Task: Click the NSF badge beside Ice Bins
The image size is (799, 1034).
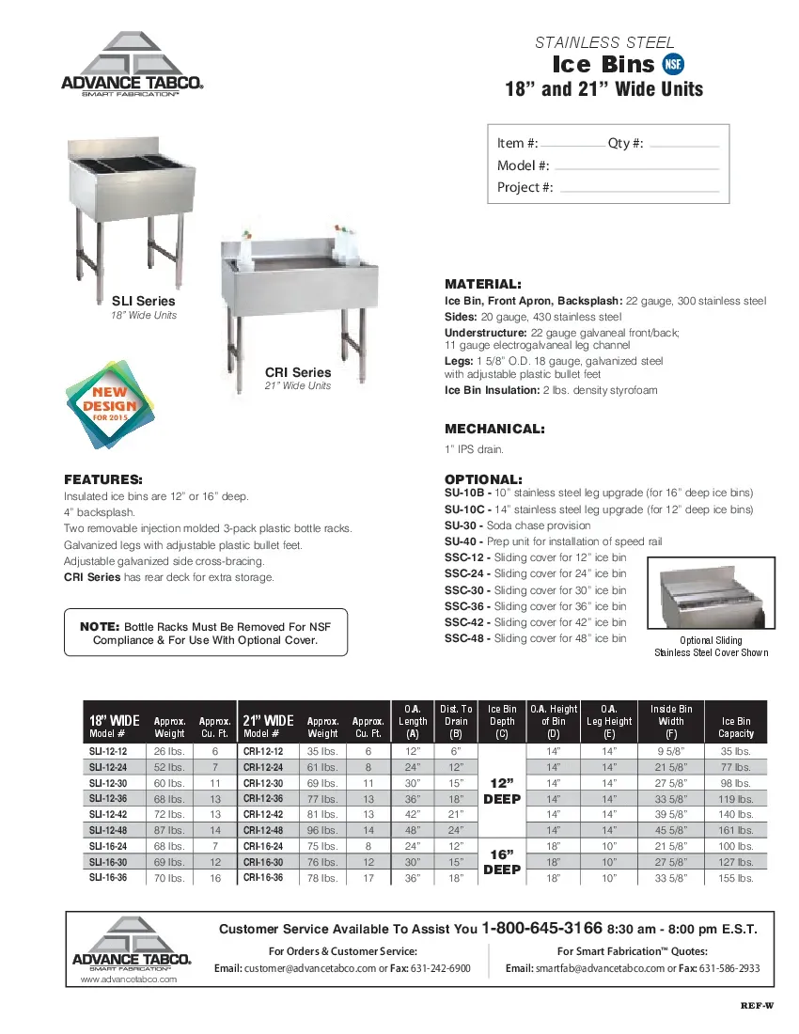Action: pyautogui.click(x=674, y=64)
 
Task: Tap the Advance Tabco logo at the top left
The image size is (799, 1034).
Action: pyautogui.click(x=133, y=66)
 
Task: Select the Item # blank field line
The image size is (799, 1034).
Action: pyautogui.click(x=573, y=148)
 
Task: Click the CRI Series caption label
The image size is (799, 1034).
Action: pyautogui.click(x=298, y=372)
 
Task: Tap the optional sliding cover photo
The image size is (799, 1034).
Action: pyautogui.click(x=711, y=596)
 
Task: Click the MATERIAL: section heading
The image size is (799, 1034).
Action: pyautogui.click(x=482, y=284)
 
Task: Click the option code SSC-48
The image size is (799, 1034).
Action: pyautogui.click(x=464, y=638)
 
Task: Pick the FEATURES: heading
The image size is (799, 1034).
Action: pyautogui.click(x=102, y=478)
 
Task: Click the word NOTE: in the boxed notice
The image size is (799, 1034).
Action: pyautogui.click(x=99, y=626)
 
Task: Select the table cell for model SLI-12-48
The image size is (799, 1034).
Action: pyautogui.click(x=108, y=830)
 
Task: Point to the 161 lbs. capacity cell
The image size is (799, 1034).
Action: pyautogui.click(x=736, y=830)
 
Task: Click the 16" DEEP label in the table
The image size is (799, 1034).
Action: pyautogui.click(x=502, y=862)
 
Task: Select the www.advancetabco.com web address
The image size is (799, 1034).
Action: pyautogui.click(x=130, y=979)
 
